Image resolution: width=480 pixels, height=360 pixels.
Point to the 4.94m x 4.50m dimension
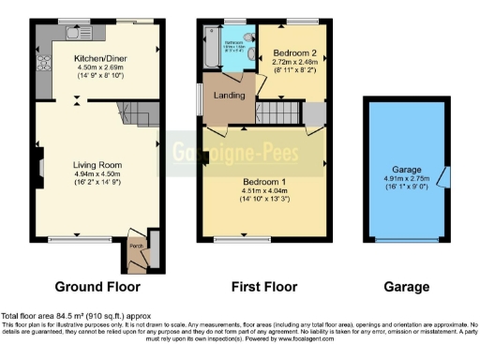[97, 174]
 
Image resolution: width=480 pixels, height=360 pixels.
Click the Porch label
[137, 246]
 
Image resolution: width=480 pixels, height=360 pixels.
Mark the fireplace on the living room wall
[40, 169]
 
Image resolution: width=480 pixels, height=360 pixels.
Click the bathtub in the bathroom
[208, 46]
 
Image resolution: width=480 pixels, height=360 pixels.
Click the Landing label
[230, 95]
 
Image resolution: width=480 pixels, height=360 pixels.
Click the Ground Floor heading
[97, 287]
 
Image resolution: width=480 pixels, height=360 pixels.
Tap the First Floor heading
[262, 287]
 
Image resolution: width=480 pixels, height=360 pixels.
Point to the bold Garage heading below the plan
[407, 287]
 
